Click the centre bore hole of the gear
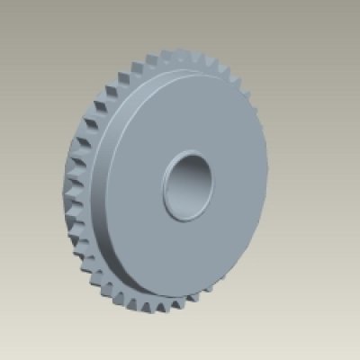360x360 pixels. tap(189, 185)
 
